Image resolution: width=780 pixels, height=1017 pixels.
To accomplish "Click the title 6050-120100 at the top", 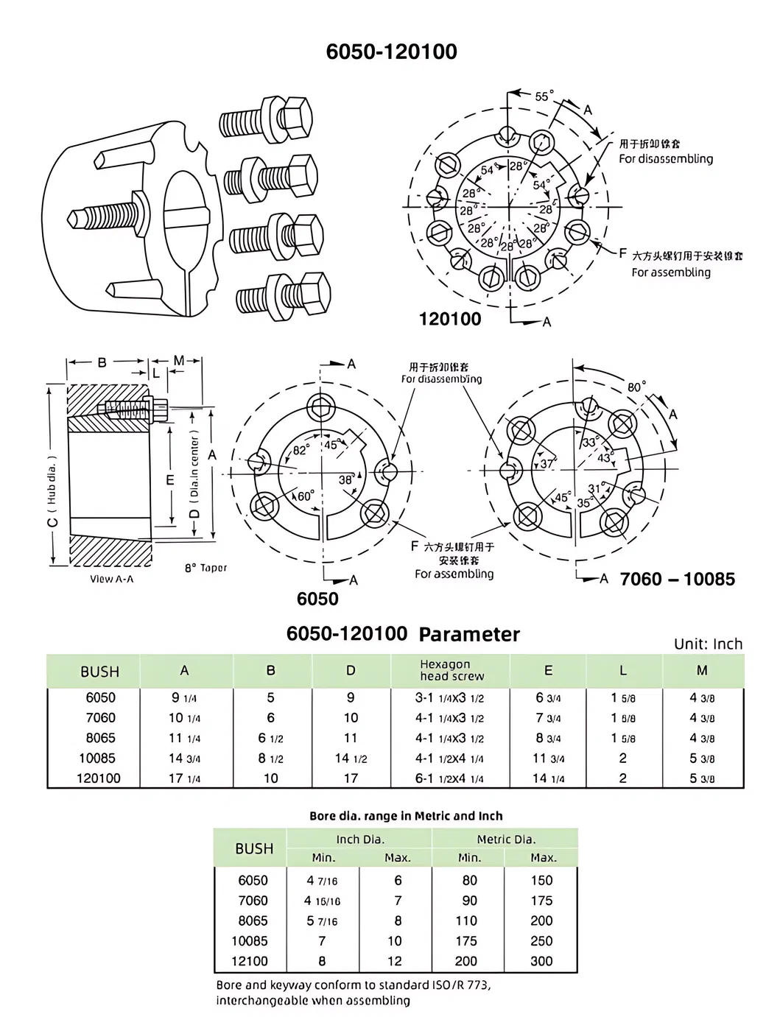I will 391,52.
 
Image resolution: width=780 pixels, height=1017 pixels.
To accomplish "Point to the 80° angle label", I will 636,386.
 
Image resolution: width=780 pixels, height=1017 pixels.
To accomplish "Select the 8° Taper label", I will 205,569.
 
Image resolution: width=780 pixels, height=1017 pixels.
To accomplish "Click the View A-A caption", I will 111,579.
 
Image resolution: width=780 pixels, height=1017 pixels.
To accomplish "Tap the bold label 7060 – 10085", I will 677,579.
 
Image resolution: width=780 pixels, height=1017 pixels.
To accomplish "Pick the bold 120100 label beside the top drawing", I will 449,319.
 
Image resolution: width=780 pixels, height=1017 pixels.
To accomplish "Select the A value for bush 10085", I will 184,758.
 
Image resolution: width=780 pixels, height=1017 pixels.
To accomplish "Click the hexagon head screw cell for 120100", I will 449,778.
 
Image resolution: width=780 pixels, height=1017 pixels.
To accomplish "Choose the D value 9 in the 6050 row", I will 351,697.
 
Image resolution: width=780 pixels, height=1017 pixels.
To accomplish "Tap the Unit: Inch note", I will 708,644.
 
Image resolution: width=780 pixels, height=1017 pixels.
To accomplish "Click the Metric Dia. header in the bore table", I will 506,839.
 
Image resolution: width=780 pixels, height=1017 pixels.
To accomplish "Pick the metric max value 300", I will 541,961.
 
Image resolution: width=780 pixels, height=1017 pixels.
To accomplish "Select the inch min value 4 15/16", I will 322,901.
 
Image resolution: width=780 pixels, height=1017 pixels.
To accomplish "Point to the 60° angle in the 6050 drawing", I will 305,496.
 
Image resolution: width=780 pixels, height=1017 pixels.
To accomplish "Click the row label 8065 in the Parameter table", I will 100,738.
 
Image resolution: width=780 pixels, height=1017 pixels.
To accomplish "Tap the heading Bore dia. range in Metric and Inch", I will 406,816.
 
